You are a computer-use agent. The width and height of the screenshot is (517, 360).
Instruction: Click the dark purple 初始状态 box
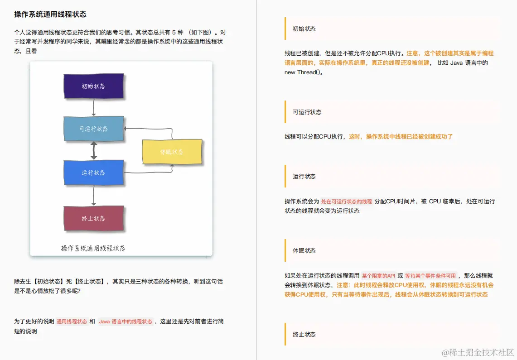93,86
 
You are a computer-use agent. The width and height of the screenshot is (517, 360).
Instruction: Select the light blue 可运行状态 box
93,129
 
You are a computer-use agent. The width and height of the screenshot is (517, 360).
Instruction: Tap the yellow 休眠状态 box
172,152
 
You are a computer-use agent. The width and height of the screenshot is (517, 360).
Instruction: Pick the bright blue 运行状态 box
93,173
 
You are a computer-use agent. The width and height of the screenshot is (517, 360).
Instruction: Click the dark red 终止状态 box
93,218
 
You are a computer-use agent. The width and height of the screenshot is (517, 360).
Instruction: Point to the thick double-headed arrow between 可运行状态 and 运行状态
94,150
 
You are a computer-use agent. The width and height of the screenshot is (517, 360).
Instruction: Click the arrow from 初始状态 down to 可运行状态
93,107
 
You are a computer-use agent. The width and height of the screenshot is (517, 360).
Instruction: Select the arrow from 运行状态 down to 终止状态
93,195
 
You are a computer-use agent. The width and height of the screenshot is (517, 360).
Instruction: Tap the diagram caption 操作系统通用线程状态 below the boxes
93,248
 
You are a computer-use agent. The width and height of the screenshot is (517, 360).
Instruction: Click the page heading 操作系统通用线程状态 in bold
50,14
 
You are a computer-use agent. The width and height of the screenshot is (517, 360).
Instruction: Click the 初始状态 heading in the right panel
304,29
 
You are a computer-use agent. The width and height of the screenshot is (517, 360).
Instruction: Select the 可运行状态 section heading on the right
307,112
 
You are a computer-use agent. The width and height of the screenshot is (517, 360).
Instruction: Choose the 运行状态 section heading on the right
304,176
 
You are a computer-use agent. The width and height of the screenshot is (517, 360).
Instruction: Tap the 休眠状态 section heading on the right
304,250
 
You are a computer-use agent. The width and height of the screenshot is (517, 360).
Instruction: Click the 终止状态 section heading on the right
304,334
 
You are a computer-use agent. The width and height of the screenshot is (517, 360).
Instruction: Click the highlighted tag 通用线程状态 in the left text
72,322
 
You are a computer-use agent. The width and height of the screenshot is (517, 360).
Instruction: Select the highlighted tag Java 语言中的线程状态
126,322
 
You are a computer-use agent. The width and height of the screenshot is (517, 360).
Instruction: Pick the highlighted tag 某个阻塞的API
378,276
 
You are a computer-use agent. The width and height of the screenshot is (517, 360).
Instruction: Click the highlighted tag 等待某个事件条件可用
430,276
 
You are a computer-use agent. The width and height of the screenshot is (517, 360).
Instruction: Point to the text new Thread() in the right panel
304,72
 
